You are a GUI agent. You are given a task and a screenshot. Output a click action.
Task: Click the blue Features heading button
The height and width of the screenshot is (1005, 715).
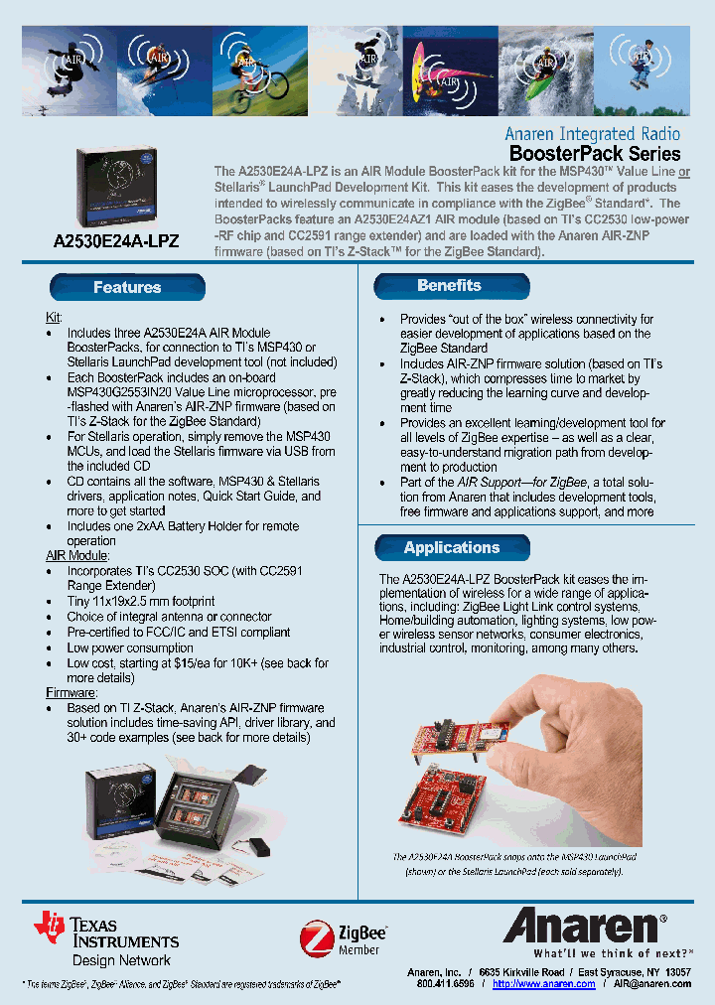(127, 288)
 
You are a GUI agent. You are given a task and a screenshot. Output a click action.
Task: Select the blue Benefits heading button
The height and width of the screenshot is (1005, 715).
(449, 286)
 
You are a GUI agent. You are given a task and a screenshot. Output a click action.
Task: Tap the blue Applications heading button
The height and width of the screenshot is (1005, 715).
(452, 548)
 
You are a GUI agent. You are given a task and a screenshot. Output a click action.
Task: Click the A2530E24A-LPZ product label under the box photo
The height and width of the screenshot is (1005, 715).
(116, 241)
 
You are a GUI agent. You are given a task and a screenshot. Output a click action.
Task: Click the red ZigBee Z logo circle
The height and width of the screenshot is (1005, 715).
(317, 936)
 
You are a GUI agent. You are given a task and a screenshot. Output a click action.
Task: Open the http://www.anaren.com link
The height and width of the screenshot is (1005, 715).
(543, 984)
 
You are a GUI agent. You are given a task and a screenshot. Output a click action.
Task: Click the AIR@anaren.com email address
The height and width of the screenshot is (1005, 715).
(651, 984)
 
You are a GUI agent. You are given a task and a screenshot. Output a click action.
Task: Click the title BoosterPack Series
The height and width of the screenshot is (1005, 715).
(595, 154)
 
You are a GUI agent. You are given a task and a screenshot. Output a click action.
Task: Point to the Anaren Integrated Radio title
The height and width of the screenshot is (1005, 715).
(593, 134)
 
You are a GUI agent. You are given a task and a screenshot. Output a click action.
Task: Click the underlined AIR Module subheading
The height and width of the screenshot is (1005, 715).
(76, 556)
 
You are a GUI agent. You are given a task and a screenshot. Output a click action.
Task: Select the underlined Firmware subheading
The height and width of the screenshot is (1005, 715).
(71, 692)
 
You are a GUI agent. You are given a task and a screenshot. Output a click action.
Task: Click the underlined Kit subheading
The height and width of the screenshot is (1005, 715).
(54, 317)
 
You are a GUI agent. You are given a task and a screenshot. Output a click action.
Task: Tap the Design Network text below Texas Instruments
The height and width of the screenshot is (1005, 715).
(121, 960)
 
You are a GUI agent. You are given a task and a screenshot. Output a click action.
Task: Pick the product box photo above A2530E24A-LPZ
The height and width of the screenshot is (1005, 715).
(117, 188)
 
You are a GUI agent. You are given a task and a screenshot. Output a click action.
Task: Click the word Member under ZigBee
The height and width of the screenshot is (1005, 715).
(358, 949)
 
